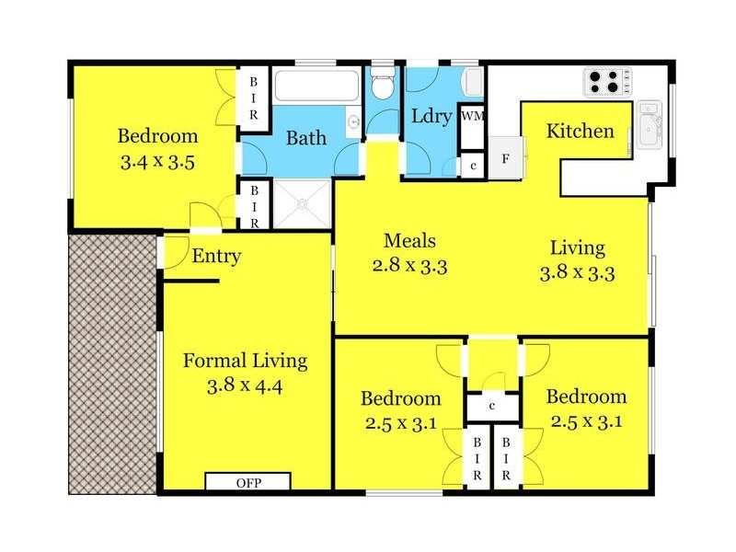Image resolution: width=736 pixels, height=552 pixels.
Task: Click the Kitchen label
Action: point(580,132)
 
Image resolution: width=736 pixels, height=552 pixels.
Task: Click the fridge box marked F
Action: point(505,157)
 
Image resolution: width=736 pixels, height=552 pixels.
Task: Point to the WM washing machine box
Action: point(471,116)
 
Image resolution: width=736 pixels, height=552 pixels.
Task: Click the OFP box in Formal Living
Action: point(247,482)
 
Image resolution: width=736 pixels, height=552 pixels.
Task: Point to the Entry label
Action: point(216,256)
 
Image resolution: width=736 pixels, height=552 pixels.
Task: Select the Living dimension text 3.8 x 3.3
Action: point(578,272)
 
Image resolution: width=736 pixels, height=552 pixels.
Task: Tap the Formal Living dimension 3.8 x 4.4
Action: point(245,385)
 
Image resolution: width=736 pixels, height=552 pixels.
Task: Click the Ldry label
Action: point(430,117)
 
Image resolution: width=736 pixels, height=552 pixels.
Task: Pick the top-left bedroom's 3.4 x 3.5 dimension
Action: point(157,164)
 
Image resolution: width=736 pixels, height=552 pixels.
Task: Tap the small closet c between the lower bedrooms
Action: point(493,405)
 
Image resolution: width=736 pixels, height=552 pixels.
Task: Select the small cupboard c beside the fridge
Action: point(473,167)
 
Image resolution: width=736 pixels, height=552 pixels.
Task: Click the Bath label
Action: point(305,139)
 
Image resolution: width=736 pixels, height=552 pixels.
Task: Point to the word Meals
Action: point(409,241)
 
